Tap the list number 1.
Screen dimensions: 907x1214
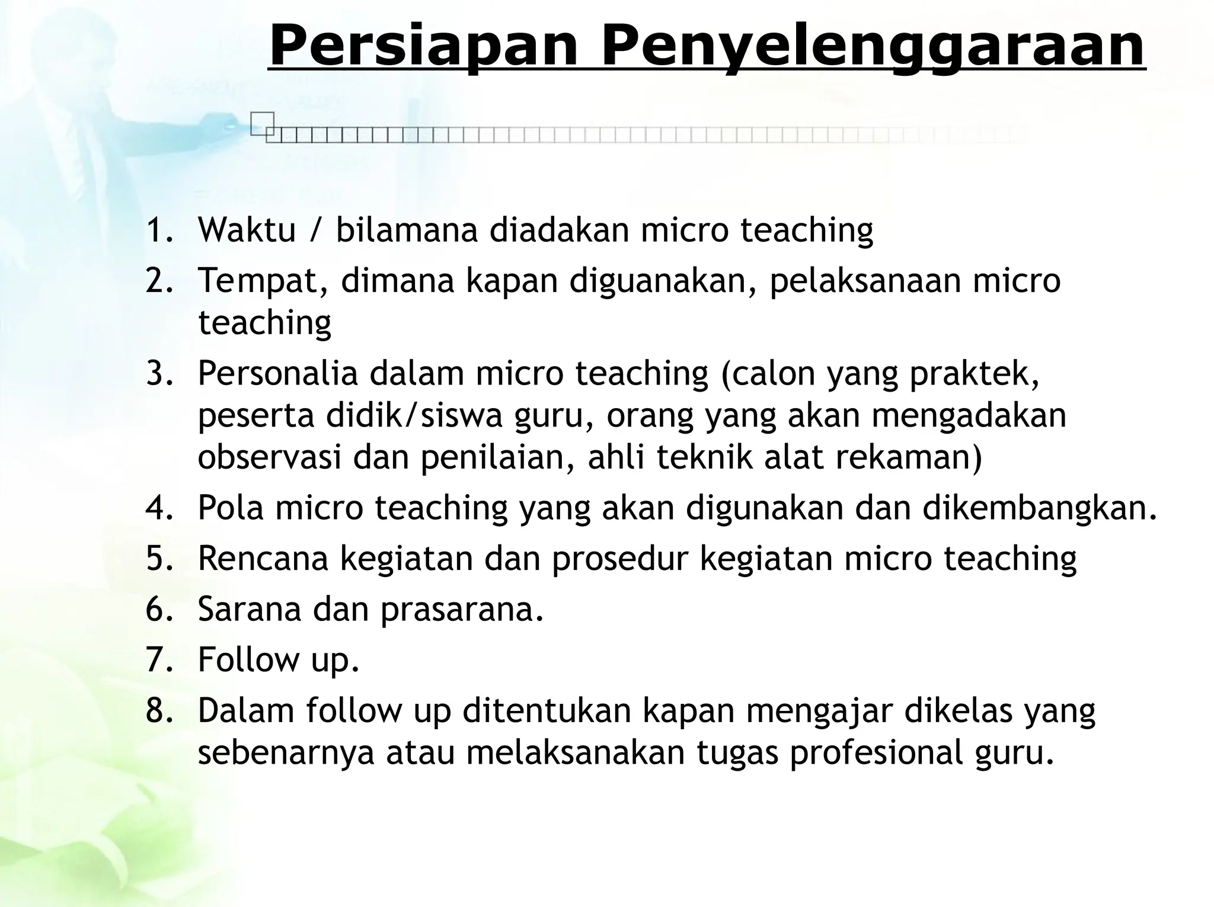(159, 230)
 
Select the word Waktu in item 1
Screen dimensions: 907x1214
(247, 230)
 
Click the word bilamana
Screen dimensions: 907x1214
(407, 230)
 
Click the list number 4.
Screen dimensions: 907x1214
(159, 508)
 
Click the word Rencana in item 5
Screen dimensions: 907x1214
(263, 559)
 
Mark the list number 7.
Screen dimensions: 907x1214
(159, 660)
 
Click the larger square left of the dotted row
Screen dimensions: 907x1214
(261, 123)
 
